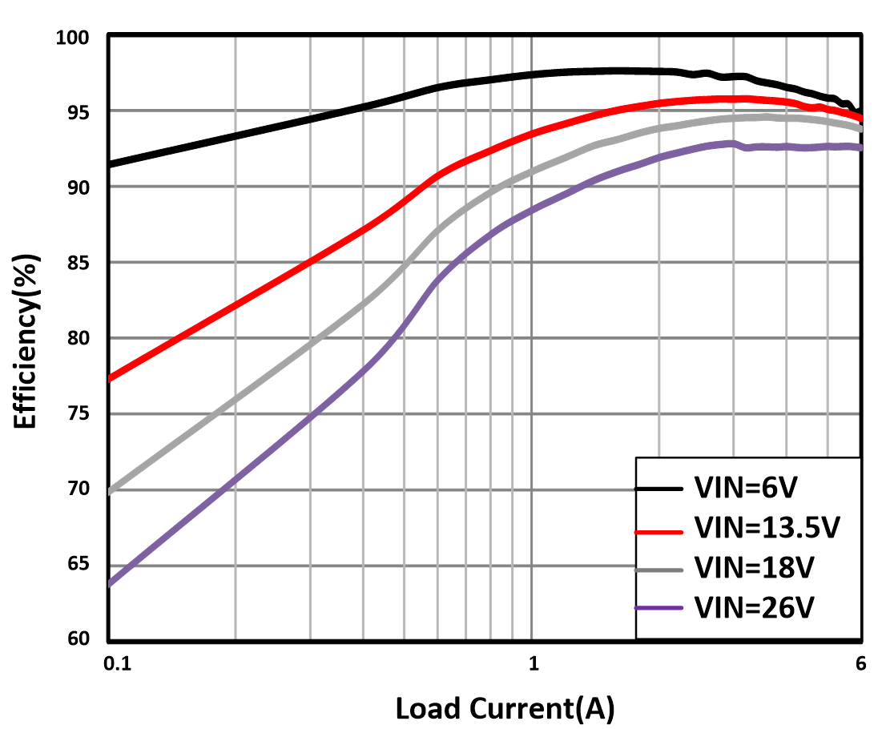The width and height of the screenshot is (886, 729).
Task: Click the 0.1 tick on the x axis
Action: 118,663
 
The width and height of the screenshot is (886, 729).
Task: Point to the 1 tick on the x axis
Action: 533,663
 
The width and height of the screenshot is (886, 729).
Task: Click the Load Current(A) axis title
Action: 505,708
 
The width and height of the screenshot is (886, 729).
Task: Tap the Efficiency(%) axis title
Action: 26,338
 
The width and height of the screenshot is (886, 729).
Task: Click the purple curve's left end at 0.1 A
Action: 111,584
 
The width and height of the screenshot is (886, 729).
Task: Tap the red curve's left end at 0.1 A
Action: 111,377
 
